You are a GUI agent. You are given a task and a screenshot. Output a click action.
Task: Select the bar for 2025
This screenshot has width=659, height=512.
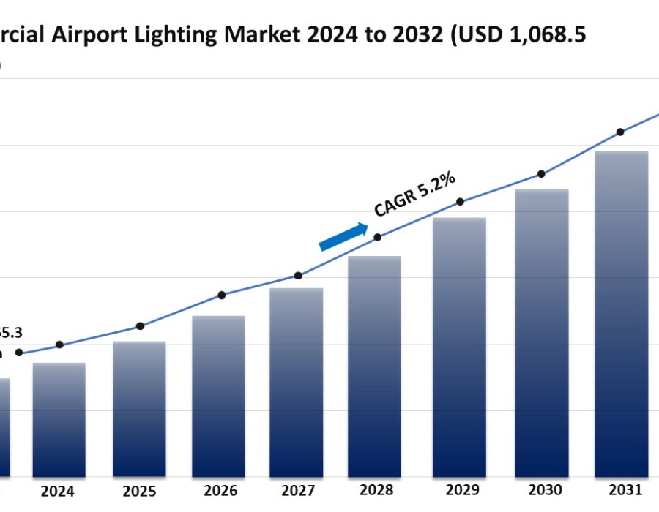139,409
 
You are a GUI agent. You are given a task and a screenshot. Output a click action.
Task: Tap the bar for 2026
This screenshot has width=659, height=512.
218,396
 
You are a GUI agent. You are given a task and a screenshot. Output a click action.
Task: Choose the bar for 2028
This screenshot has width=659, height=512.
374,366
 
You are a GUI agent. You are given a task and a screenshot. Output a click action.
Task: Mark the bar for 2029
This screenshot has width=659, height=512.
460,347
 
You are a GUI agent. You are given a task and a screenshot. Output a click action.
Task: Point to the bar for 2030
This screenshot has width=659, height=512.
542,333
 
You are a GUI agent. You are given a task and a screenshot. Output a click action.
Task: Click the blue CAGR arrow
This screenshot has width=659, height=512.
343,237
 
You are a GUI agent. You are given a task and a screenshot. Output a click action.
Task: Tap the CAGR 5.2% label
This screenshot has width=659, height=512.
415,194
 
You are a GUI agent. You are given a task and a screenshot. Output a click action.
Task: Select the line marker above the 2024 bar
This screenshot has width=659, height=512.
59,345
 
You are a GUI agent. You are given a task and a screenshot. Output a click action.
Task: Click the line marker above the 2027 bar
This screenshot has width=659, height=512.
298,276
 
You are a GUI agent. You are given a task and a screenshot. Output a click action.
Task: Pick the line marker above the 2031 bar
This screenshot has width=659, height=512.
620,132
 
